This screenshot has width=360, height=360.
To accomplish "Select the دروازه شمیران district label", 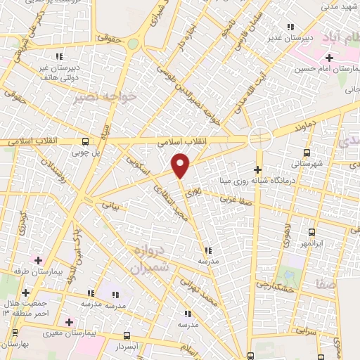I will (150, 259).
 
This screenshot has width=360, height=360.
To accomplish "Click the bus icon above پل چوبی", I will (85, 141).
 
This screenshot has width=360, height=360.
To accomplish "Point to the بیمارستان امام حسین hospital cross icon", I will (329, 57).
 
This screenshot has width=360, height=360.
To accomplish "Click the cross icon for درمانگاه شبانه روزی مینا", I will (257, 169).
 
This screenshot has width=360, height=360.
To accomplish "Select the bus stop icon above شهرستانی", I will (306, 153).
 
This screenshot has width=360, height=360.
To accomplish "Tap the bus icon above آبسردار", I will (127, 335).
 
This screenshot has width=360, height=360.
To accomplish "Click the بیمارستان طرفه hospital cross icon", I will (38, 260).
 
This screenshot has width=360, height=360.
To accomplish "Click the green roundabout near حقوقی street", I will (133, 44).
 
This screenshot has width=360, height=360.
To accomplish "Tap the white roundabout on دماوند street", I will (260, 138).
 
